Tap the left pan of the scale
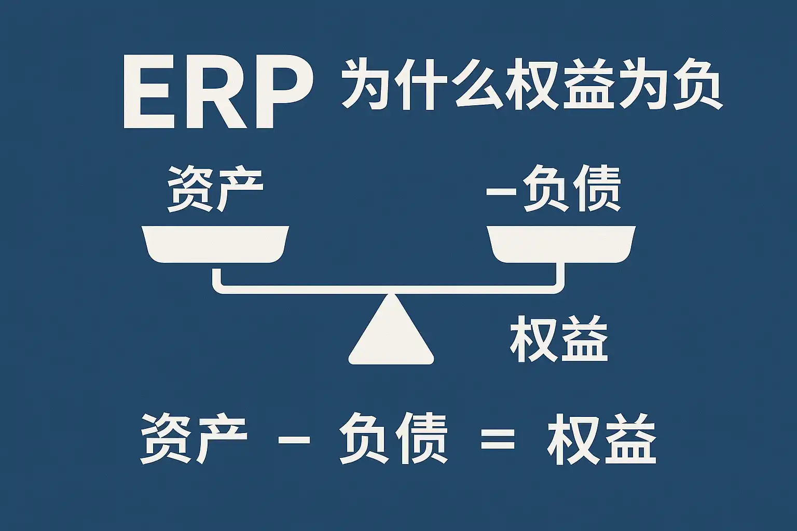click(x=215, y=244)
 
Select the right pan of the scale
click(x=561, y=244)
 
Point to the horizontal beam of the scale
click(x=388, y=289)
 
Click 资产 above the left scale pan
click(x=215, y=189)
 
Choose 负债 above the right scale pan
click(x=572, y=189)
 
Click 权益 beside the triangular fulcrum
click(x=559, y=339)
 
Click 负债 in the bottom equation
click(x=393, y=439)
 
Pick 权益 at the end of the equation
click(x=602, y=439)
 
